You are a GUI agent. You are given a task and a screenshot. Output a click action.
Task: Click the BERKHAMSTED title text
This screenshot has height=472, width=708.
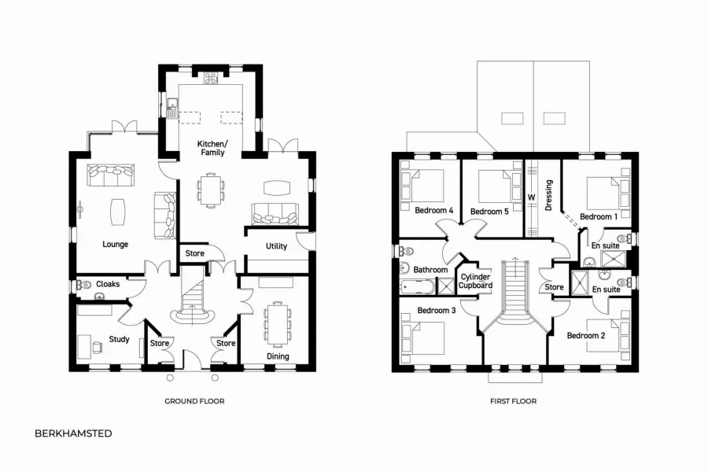coord(73,433)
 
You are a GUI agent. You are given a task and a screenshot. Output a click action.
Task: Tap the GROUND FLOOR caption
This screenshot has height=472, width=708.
coord(194,401)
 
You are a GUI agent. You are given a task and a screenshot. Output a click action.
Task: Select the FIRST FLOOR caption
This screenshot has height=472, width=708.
coord(513,401)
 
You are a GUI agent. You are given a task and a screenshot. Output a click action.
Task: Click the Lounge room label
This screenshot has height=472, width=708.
coord(115,245)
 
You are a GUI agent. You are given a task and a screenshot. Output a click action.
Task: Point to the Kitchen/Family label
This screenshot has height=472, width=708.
coord(212,148)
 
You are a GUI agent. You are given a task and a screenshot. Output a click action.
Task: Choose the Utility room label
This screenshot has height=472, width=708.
coord(276,246)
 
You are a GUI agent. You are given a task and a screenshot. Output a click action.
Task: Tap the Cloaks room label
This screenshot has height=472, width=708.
coord(108,284)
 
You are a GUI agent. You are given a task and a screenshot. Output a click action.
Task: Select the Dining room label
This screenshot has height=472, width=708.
coord(278,356)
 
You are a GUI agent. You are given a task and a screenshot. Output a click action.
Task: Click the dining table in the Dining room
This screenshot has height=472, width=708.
coord(277,323)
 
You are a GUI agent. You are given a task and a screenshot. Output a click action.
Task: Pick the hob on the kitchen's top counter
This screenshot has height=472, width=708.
coord(212,78)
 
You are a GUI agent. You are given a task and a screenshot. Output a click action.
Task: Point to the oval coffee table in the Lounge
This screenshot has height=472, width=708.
coord(117,211)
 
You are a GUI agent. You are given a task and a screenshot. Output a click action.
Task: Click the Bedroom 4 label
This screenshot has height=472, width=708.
coord(434,211)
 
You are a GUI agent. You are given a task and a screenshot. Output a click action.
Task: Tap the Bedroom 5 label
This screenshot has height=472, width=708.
coord(489,212)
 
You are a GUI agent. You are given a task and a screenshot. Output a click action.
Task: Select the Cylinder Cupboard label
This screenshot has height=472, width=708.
coord(476,281)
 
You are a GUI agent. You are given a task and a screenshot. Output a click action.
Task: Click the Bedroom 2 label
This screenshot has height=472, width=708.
coord(586,336)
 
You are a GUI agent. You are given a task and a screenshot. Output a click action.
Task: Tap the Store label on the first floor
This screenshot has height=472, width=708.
coord(555,287)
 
